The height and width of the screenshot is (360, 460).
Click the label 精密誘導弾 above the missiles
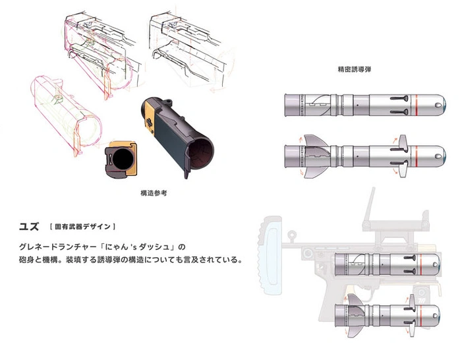(355, 69)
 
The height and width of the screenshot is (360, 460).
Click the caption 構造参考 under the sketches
(154, 193)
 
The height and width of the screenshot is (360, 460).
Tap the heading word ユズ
(29, 227)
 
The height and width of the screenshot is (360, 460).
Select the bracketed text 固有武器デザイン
(83, 227)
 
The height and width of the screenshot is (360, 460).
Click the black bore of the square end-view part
(123, 159)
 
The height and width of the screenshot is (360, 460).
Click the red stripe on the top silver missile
(417, 105)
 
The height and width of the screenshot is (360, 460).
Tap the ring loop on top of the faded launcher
(291, 235)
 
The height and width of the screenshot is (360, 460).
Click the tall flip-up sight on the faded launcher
(369, 207)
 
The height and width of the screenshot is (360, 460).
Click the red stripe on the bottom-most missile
(421, 315)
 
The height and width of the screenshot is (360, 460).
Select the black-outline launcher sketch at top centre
(190, 48)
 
